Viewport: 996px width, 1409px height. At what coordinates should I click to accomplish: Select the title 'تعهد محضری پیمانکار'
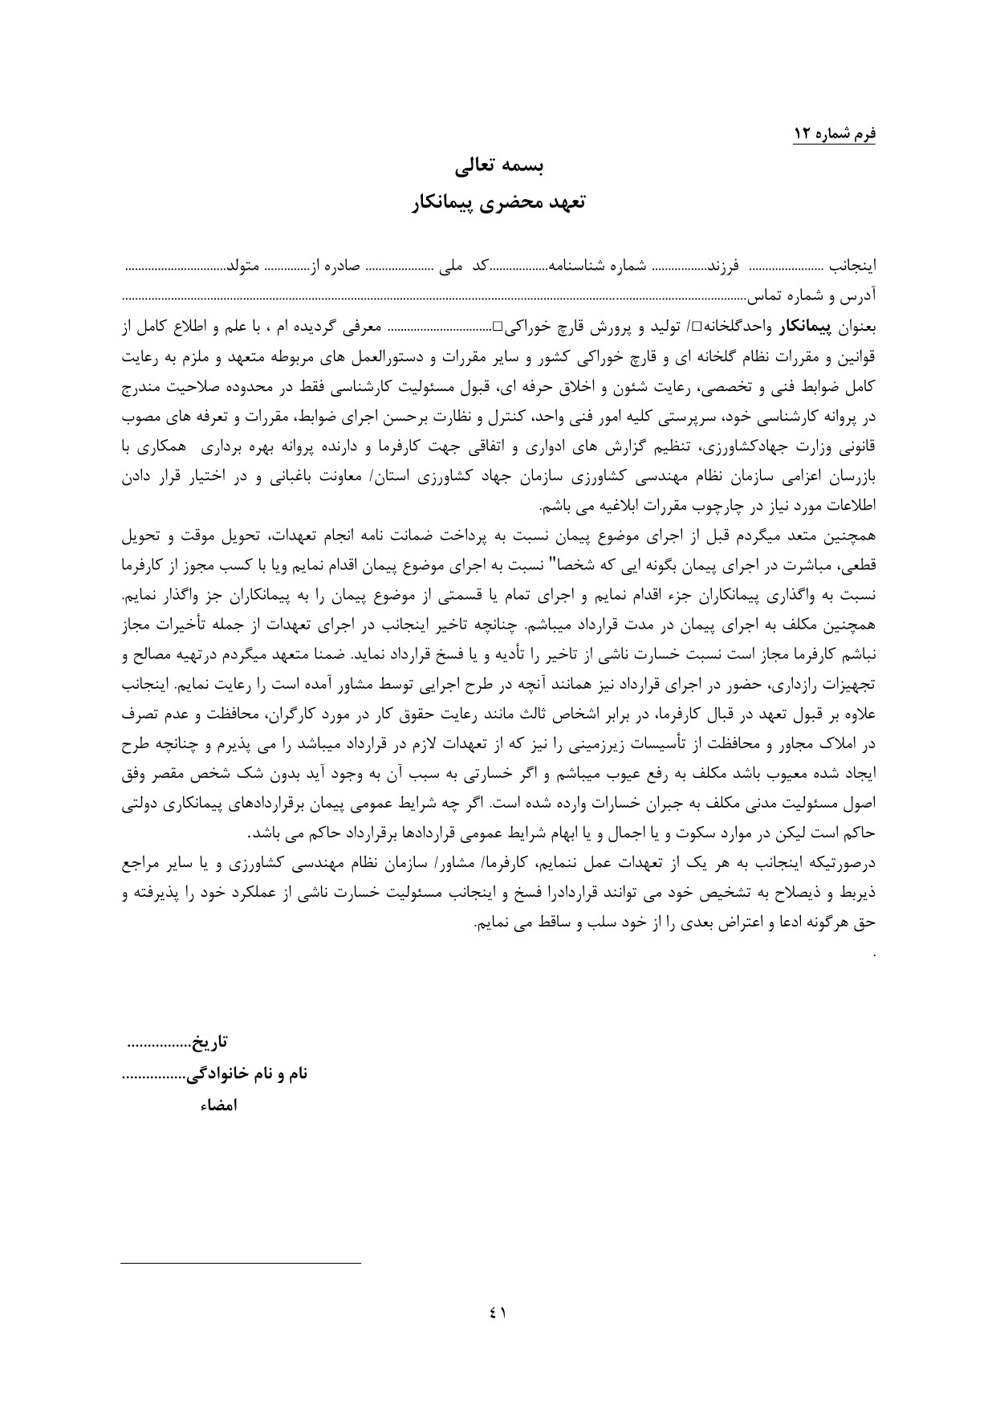(x=498, y=203)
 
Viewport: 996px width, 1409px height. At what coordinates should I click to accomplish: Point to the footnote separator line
(x=241, y=1264)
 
